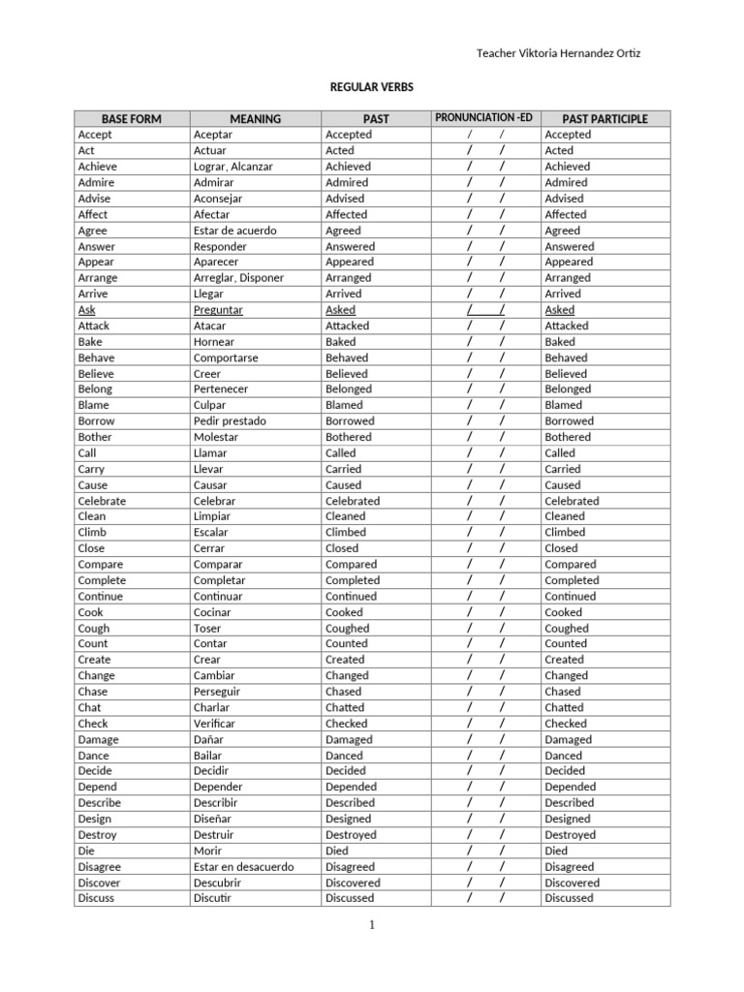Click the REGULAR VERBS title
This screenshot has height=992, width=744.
(x=372, y=87)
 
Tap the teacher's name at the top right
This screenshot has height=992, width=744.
(x=559, y=53)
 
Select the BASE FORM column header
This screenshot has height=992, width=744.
(x=132, y=119)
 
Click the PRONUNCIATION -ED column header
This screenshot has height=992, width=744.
(x=484, y=118)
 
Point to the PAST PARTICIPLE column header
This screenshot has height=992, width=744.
(x=604, y=119)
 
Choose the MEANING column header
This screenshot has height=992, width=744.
(x=256, y=119)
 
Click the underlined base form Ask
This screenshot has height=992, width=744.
(x=87, y=310)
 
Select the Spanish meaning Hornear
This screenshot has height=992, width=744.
(x=214, y=342)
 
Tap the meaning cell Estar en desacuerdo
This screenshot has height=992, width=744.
(x=243, y=867)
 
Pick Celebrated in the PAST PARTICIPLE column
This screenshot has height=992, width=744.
(x=572, y=501)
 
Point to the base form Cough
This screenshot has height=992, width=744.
(x=94, y=628)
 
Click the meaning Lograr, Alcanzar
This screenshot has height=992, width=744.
(x=232, y=167)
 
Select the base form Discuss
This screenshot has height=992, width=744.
(x=96, y=898)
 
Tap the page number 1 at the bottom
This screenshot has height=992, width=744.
(x=371, y=925)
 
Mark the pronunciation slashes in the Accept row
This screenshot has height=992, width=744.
(x=485, y=135)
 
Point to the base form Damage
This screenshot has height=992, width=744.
(x=99, y=739)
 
